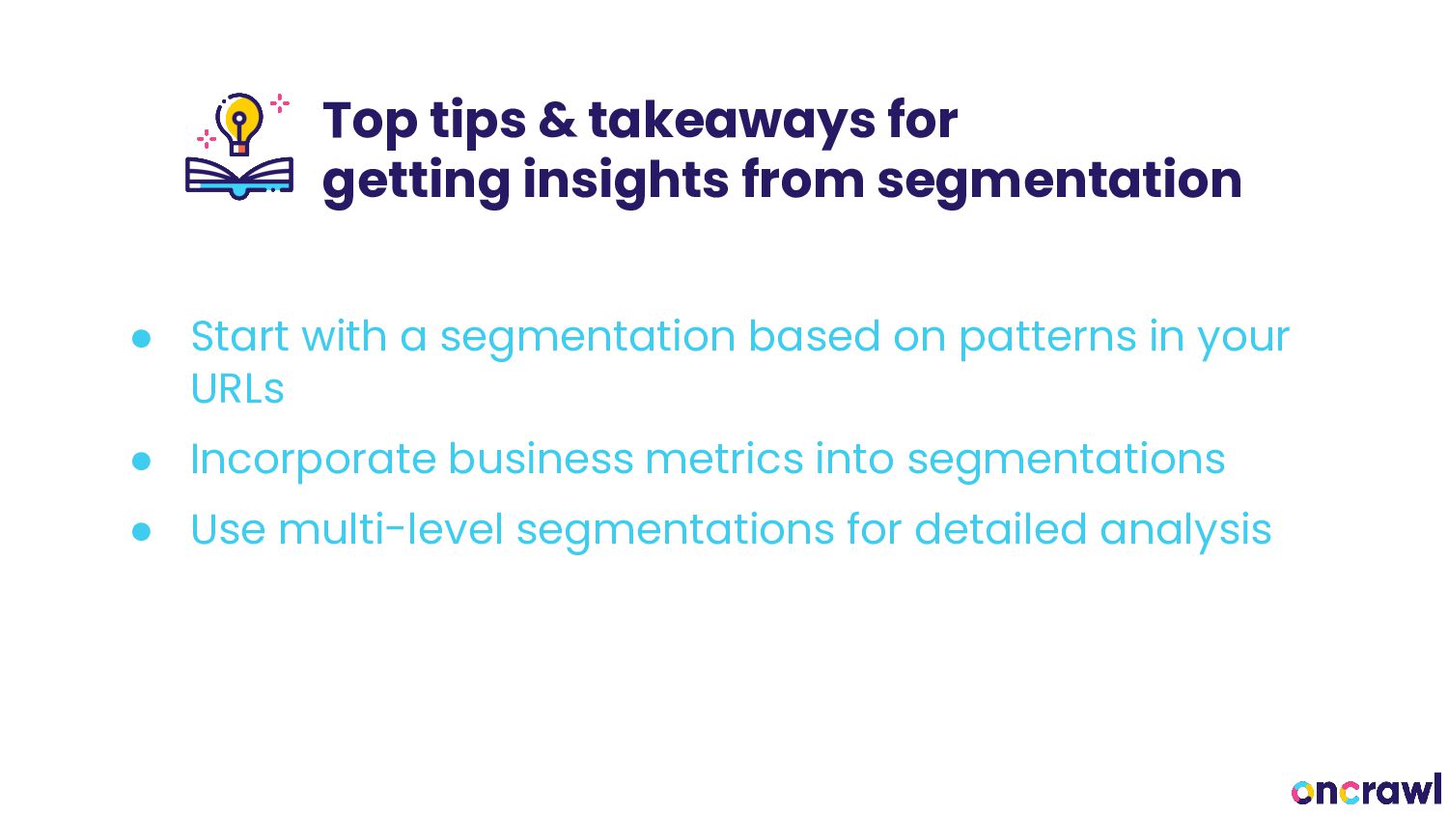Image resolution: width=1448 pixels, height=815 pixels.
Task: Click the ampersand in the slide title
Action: coord(557,121)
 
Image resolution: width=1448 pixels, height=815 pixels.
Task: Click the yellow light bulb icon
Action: coord(239,124)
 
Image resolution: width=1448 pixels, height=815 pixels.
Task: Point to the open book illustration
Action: coord(239,178)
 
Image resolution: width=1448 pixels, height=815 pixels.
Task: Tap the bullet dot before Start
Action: coord(141,338)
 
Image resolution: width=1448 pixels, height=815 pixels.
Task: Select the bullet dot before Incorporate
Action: coord(141,462)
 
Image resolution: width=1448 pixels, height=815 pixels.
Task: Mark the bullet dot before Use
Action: coord(141,532)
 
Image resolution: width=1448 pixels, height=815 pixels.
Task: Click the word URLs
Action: coord(237,389)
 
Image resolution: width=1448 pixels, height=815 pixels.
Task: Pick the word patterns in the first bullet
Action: coord(1047,338)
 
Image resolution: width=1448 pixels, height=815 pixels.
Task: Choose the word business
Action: coord(541,460)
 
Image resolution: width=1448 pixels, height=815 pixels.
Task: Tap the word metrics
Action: coord(725,460)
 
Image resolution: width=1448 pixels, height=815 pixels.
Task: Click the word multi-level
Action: coord(390,530)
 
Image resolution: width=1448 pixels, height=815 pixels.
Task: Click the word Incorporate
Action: coord(313,462)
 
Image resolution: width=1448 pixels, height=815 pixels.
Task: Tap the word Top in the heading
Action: coord(370,122)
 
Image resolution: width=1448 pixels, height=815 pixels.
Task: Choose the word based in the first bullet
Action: coord(814,336)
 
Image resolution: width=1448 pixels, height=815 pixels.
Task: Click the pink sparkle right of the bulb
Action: coord(280,103)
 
